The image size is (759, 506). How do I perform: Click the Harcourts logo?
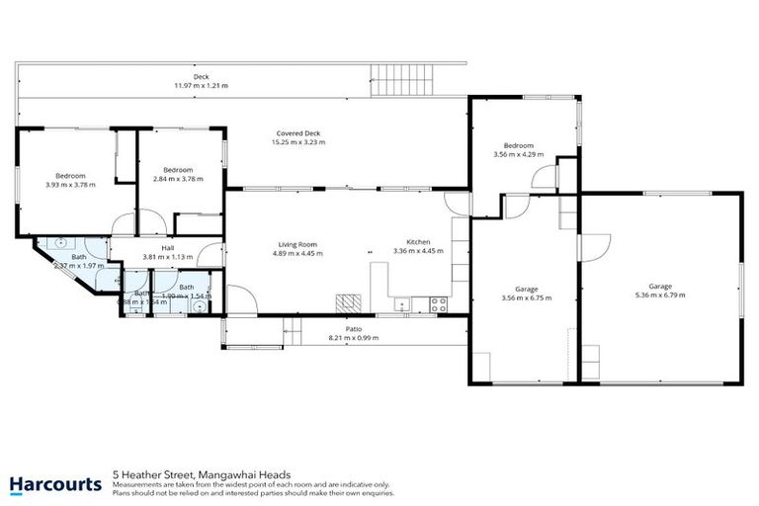click(55, 484)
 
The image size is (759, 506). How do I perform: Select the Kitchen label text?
click(418, 242)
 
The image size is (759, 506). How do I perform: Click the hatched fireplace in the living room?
click(346, 300)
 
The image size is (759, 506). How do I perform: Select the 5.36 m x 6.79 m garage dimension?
click(659, 294)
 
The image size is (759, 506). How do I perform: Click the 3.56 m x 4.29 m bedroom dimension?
click(519, 154)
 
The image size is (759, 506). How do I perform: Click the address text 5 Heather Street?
click(146, 474)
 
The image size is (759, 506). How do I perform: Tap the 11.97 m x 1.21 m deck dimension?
click(201, 85)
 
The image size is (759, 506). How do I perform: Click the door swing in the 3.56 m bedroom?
click(543, 178)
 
